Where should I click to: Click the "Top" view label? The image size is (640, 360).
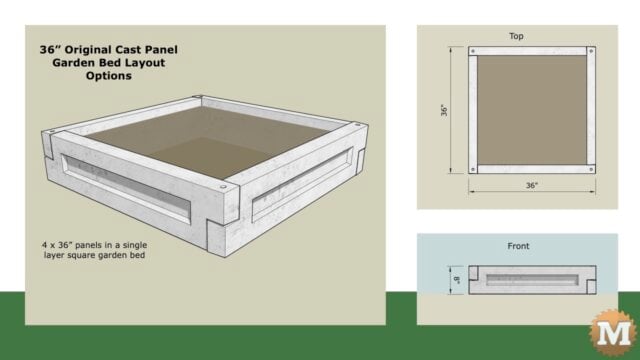[x=516, y=36]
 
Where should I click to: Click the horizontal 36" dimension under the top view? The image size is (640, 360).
[x=532, y=185]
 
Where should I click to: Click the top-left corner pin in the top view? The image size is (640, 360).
[x=473, y=49]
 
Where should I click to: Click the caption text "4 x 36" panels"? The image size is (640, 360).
[x=88, y=243]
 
